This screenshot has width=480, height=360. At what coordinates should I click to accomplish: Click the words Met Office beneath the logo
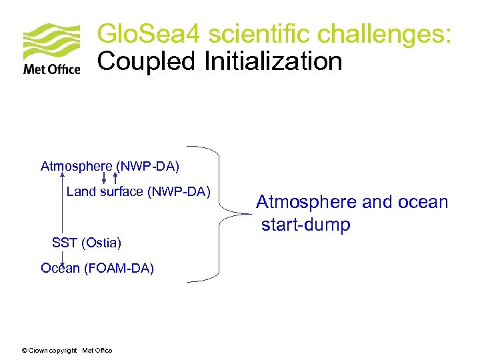point(52,69)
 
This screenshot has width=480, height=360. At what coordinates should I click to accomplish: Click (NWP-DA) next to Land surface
point(179,192)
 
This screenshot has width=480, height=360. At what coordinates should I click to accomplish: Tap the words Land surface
point(105,192)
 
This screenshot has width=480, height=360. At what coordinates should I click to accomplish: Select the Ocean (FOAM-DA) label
point(97,268)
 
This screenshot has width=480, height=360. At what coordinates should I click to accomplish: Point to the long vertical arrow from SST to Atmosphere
point(62,203)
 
